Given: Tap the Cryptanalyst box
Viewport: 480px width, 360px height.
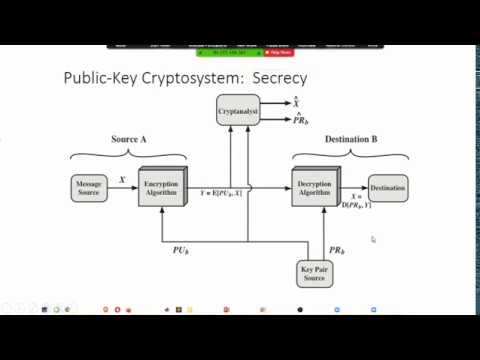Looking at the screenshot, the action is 238,113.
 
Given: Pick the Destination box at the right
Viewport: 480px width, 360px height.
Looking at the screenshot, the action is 387,187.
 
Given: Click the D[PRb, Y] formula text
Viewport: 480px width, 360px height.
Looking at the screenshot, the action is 357,204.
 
